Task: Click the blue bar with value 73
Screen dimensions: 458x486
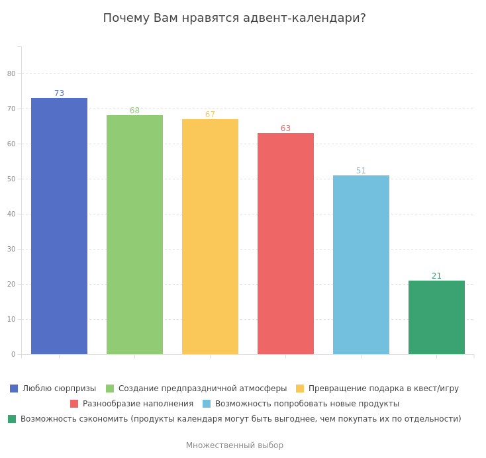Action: [x=59, y=226]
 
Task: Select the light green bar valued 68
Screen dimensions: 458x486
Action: [x=134, y=234]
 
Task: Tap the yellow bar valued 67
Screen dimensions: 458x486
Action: [x=210, y=236]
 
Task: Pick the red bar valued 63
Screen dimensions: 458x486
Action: [x=285, y=244]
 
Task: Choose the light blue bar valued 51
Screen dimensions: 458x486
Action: [x=361, y=265]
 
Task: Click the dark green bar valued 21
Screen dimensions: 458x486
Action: [x=436, y=317]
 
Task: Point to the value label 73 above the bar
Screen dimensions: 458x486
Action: [x=59, y=93]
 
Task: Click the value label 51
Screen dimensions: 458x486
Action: [x=361, y=171]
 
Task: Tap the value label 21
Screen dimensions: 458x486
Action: [x=436, y=276]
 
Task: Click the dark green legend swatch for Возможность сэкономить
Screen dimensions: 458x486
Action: [x=12, y=419]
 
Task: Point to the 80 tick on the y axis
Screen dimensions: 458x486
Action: [x=11, y=73]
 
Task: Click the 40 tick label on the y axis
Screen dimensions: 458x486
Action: [x=11, y=214]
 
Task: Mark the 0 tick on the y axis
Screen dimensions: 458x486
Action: [x=13, y=354]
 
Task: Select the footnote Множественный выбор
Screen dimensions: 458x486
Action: [x=234, y=445]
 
